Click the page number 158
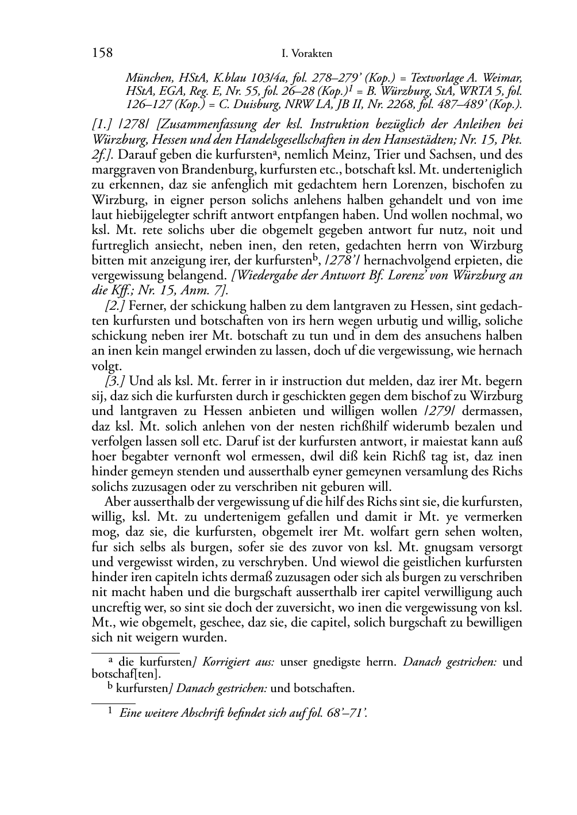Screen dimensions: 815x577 pos(102,53)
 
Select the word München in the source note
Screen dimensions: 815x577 pos(148,78)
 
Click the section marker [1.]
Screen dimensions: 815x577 pos(102,124)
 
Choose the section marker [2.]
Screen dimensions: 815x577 pos(112,305)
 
